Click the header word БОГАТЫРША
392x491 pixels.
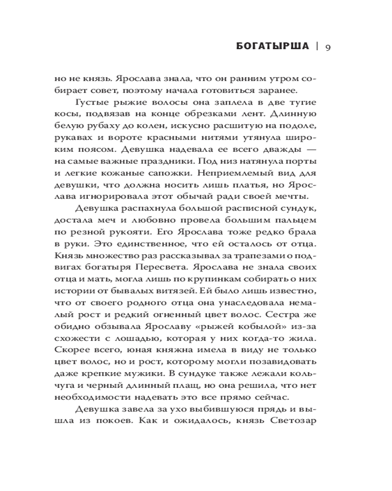pos(272,47)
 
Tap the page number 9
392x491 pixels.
pos(328,47)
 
